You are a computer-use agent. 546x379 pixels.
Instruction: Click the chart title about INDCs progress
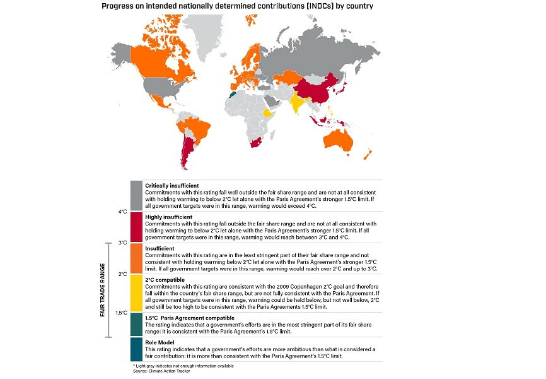[237, 6]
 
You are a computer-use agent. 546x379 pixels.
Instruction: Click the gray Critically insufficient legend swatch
[136, 196]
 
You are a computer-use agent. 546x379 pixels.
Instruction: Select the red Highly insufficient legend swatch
[136, 227]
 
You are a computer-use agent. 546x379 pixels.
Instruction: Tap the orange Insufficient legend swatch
[136, 258]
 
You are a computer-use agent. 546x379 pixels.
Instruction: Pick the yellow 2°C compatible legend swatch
[136, 293]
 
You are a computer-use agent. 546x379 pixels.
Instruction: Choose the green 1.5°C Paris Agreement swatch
[136, 325]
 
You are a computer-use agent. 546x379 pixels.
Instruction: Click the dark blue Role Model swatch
[136, 349]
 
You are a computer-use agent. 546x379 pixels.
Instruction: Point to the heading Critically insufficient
[172, 186]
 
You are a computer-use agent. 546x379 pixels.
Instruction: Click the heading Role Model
[160, 343]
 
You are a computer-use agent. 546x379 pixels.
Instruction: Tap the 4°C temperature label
[122, 212]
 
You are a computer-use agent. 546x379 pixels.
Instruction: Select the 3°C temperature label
[122, 243]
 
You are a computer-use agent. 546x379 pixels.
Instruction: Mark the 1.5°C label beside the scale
[122, 313]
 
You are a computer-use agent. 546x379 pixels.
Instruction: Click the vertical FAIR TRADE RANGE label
[102, 290]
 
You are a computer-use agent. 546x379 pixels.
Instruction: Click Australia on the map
[338, 140]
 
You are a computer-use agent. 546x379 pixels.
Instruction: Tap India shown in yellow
[297, 102]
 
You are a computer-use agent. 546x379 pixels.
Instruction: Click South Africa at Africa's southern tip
[257, 143]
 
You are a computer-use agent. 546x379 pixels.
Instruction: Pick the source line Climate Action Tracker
[161, 371]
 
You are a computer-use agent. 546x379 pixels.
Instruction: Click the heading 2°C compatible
[165, 280]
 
